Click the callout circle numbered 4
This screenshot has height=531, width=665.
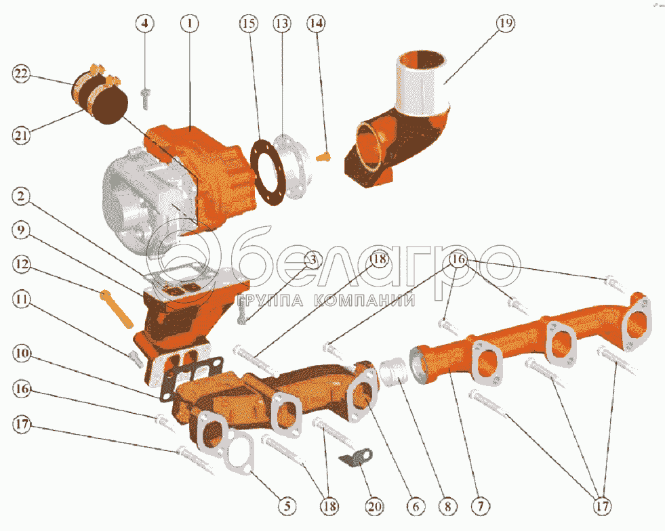coord(145,23)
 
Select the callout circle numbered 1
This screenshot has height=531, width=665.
coord(190,23)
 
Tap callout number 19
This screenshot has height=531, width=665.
coord(505,23)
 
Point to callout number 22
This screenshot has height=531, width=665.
coord(21,74)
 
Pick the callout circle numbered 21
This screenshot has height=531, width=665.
coord(21,135)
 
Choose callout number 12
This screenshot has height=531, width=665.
coord(21,265)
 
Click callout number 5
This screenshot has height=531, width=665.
coord(287,506)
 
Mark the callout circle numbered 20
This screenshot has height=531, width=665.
coord(374,506)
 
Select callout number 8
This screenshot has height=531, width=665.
coord(448,506)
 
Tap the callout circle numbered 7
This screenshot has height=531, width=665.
coord(481,506)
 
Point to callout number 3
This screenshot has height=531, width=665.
coord(312,260)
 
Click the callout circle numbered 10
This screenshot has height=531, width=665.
coord(21,353)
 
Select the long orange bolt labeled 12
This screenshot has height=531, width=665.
coord(117,309)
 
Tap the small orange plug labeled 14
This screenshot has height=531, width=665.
coord(323,157)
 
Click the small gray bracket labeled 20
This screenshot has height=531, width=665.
coord(357,458)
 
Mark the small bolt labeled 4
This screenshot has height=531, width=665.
coord(146,99)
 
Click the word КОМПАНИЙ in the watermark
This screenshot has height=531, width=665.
coord(365,301)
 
